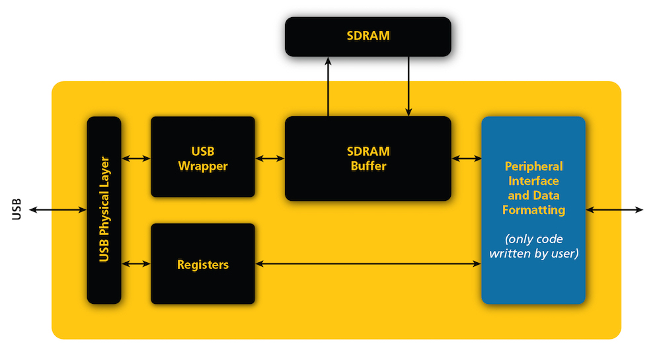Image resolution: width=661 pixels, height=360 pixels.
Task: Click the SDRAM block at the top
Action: [368, 36]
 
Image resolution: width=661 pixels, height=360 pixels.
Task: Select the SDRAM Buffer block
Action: [368, 159]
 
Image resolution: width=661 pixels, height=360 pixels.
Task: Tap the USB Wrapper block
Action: [203, 157]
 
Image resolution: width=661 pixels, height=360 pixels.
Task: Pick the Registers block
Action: [203, 264]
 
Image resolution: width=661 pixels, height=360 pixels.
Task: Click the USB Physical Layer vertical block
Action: [104, 210]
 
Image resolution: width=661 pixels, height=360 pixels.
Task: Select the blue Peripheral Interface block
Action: [533, 210]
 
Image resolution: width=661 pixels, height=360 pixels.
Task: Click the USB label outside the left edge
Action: [17, 209]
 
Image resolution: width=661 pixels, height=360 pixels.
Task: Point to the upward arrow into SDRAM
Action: [327, 86]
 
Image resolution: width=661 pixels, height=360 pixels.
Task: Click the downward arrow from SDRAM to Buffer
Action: [408, 86]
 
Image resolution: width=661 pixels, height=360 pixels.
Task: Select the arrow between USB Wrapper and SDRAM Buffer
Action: [270, 159]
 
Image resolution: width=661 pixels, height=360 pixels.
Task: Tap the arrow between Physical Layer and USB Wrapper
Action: [136, 159]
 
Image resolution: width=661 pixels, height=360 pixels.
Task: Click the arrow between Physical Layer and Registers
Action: [136, 264]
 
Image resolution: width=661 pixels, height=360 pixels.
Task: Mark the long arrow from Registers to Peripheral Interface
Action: [368, 264]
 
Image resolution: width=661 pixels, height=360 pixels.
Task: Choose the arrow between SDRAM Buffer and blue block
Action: [466, 159]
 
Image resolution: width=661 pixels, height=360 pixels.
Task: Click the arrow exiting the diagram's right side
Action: [614, 210]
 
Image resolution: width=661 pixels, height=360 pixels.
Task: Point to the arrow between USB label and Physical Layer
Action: [58, 210]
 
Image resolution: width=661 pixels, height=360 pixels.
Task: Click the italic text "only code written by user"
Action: [533, 246]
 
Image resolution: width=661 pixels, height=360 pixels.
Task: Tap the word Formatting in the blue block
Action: [533, 210]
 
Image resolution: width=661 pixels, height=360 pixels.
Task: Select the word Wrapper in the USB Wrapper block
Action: [203, 166]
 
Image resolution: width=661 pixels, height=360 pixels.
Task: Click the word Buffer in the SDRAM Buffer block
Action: [368, 166]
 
